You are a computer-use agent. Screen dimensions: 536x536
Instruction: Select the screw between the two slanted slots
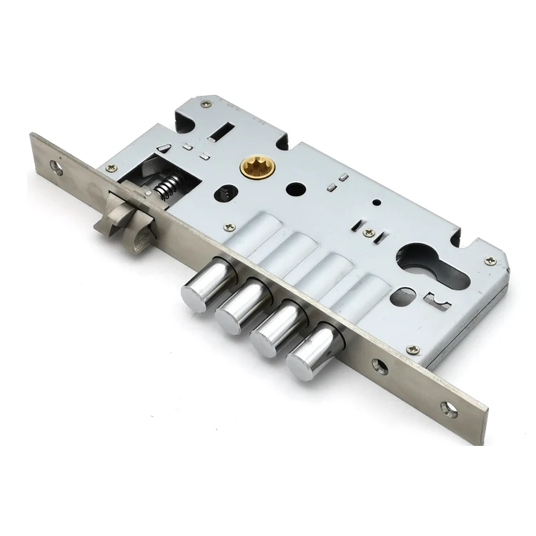point(369,233)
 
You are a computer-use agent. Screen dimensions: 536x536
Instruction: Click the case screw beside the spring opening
point(111,168)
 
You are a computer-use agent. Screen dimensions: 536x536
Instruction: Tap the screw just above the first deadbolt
point(229,227)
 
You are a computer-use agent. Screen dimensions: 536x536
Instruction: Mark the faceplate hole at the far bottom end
point(450,411)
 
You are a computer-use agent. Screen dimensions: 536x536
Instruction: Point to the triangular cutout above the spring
point(166,148)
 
